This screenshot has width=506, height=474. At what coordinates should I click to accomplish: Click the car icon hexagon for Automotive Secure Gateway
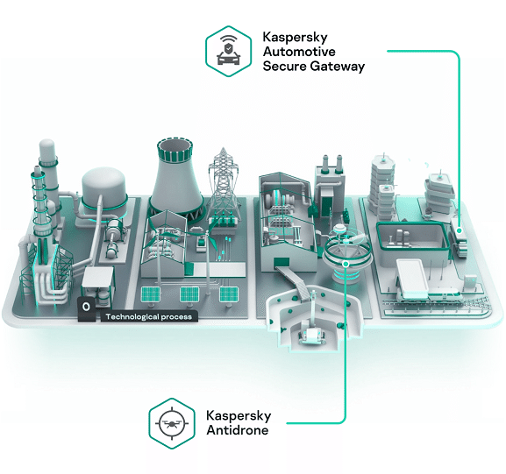(229, 52)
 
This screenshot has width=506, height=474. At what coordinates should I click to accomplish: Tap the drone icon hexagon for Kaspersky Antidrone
(172, 423)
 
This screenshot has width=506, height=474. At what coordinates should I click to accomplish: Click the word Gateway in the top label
(338, 67)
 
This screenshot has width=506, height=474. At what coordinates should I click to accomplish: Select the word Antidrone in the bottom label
(238, 430)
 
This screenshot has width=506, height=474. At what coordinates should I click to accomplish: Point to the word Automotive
(299, 52)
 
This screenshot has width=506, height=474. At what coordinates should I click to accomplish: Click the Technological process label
(149, 316)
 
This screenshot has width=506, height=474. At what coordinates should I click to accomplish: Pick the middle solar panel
(189, 294)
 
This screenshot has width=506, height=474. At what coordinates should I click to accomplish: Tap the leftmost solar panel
(151, 294)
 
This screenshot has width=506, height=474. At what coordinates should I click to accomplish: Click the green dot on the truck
(460, 231)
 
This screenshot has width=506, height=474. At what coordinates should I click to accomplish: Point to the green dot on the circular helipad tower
(346, 264)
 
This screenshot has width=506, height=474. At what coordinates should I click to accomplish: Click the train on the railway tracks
(429, 294)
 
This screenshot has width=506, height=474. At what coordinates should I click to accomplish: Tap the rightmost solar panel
(229, 294)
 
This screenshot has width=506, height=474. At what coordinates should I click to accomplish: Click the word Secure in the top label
(285, 67)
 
